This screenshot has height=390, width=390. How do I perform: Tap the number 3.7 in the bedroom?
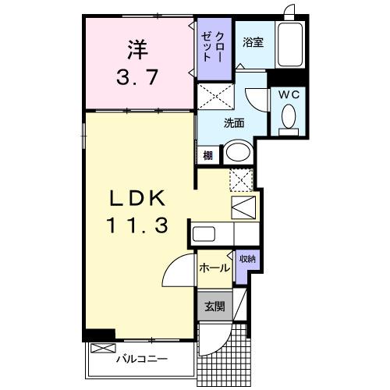(x=137, y=79)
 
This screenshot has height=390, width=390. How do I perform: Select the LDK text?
(x=138, y=196)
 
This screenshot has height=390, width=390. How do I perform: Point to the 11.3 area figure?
(x=138, y=226)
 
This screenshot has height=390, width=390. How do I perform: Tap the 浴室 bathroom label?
(x=252, y=43)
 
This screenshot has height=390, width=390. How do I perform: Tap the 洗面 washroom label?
(x=234, y=122)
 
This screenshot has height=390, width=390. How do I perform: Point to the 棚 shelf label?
(x=208, y=154)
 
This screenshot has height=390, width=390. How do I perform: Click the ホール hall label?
(x=214, y=268)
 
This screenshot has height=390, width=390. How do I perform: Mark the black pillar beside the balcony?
(x=100, y=335)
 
